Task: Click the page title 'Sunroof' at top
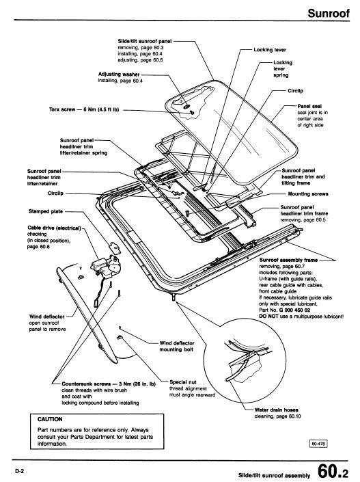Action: [x=329, y=13]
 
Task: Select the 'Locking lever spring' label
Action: [x=283, y=68]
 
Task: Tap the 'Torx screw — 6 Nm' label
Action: [x=84, y=109]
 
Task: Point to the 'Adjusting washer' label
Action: [x=119, y=74]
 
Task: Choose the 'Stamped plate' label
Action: [x=46, y=211]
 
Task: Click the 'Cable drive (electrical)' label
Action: [x=54, y=228]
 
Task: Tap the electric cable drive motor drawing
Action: [x=106, y=266]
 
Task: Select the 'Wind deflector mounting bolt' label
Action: [x=177, y=346]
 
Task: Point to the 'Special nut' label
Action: [x=183, y=382]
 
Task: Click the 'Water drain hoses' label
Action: [x=276, y=410]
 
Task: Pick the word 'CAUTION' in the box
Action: [x=50, y=419]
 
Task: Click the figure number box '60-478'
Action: [x=318, y=444]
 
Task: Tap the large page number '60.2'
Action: [x=333, y=470]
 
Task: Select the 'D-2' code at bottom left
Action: [x=19, y=471]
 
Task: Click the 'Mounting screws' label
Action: [x=308, y=193]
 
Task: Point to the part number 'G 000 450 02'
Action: [x=294, y=310]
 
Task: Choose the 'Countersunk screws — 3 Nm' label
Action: [x=109, y=384]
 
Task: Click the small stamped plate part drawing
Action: [x=115, y=247]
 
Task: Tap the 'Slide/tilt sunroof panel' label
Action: [x=145, y=41]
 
